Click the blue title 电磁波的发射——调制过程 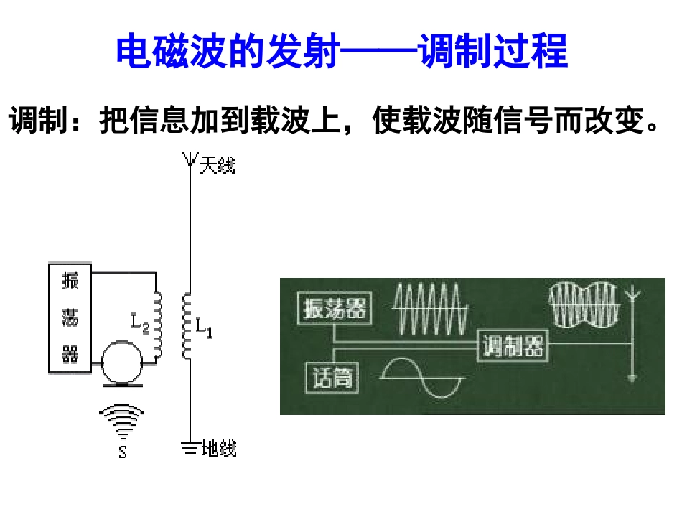(x=342, y=51)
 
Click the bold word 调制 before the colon (x=38, y=120)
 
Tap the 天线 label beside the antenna (x=218, y=165)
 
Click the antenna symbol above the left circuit (x=190, y=159)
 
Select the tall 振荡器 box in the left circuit (x=70, y=317)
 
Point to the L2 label (x=140, y=322)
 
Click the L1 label (x=204, y=327)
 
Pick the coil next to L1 (x=187, y=326)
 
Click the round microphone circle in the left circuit (x=122, y=362)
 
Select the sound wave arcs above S (x=122, y=422)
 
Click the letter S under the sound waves (x=123, y=452)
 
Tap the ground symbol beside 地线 (x=190, y=448)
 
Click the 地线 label (x=219, y=448)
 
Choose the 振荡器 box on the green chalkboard (x=335, y=308)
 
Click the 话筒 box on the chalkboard (x=332, y=377)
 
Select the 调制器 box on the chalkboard (x=513, y=346)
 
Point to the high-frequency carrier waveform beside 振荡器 (x=430, y=309)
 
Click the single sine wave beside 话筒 (x=422, y=378)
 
